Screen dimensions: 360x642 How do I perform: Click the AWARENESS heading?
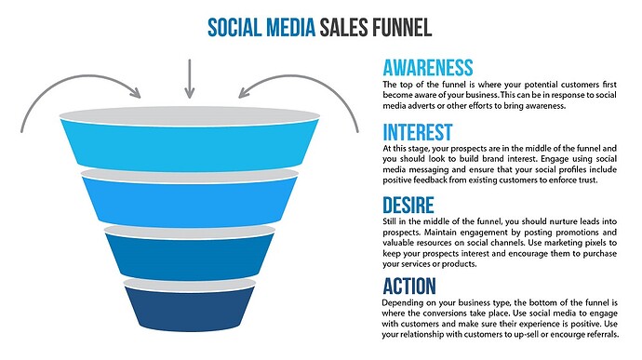coord(429,67)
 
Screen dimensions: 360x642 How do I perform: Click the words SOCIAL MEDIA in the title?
coord(262,25)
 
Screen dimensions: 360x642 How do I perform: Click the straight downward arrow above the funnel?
coord(189,78)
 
